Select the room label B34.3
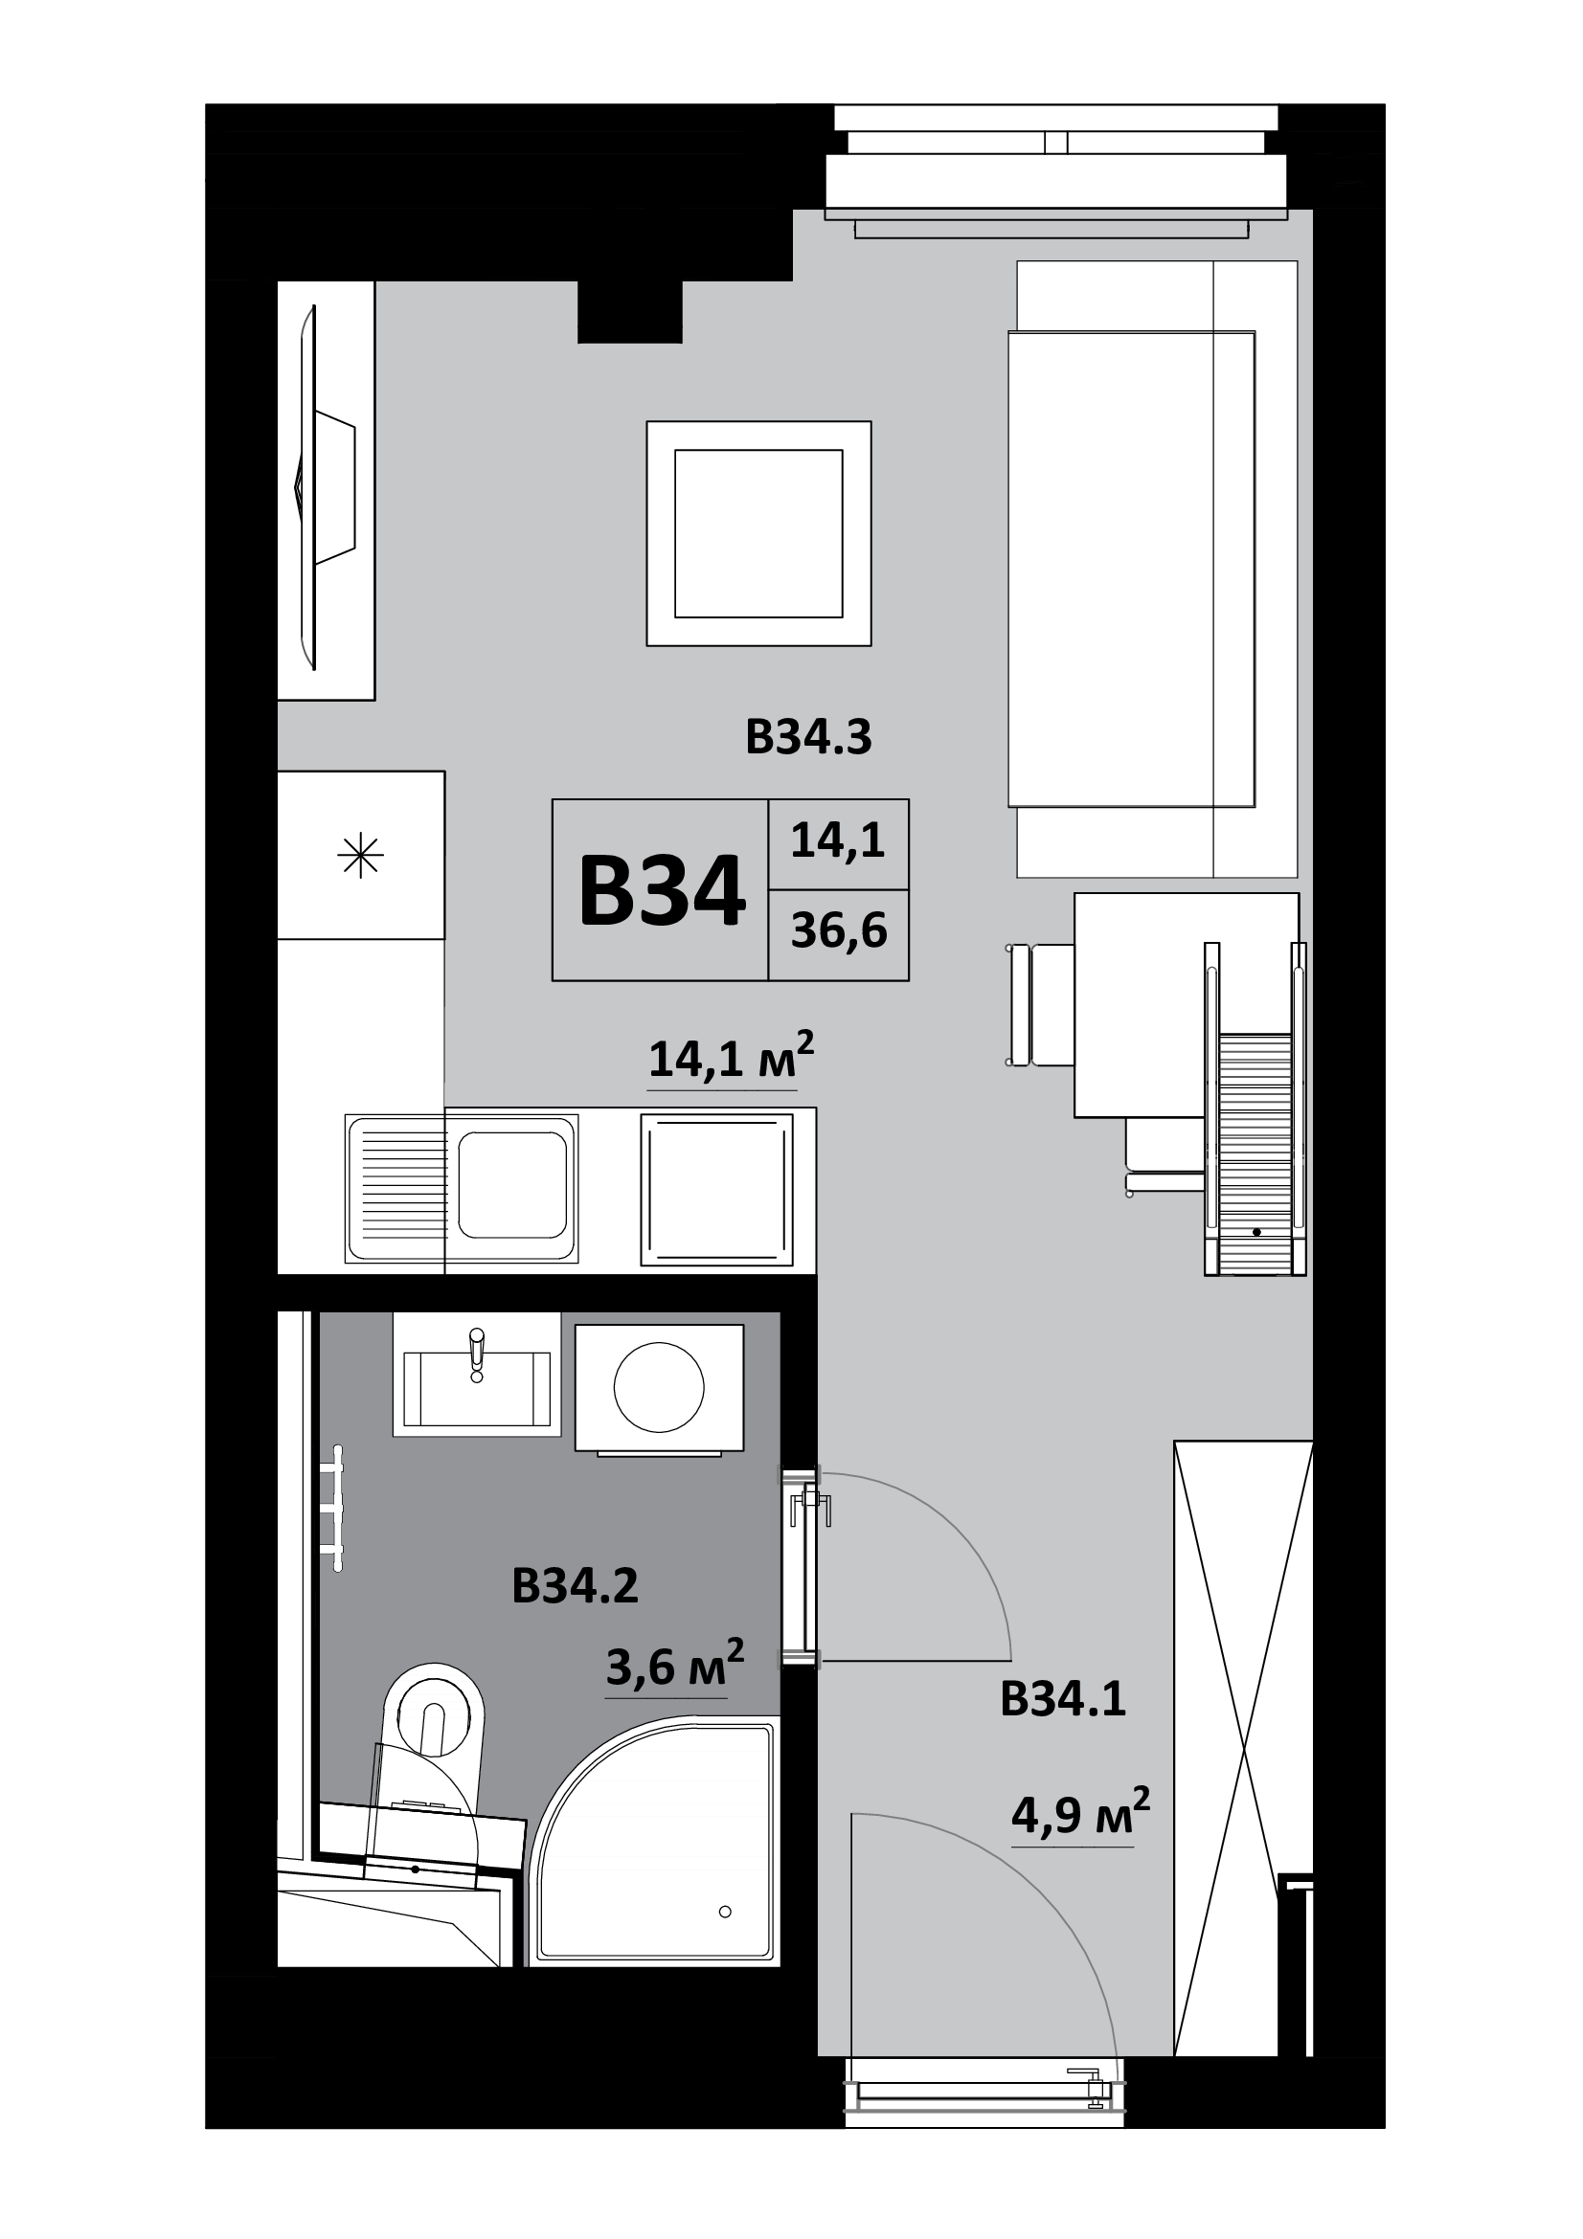pos(808,737)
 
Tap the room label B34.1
pos(1063,1700)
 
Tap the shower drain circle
pos(725,1912)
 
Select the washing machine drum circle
pos(658,1387)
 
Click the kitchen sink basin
pos(512,1185)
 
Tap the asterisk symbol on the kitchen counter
pos(360,856)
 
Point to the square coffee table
pos(758,533)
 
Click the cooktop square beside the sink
pos(717,1191)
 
